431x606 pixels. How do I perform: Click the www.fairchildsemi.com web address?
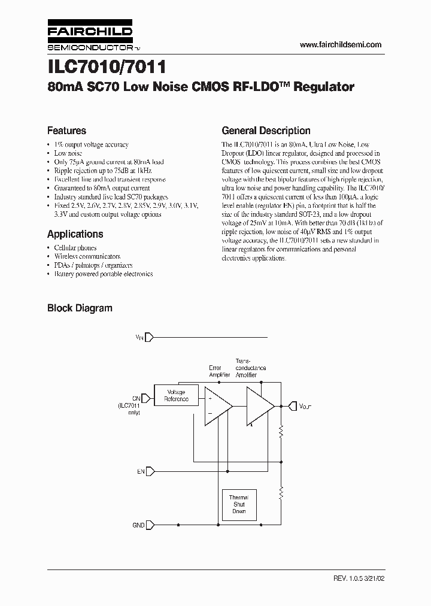(340, 45)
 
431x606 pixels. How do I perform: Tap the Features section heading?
(66, 131)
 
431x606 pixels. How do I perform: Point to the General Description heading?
(266, 131)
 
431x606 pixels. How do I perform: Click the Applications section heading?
(75, 234)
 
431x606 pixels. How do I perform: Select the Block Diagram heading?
(80, 308)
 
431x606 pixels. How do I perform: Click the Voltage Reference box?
(176, 395)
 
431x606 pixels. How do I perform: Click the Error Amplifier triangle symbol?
(216, 406)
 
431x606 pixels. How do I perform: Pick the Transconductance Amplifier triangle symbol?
(259, 406)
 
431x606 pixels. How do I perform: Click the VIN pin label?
(139, 338)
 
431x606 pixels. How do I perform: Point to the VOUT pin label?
(305, 407)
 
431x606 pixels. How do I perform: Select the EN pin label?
(141, 472)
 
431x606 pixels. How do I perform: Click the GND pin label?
(138, 525)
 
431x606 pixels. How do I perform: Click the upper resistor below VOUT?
(280, 432)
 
